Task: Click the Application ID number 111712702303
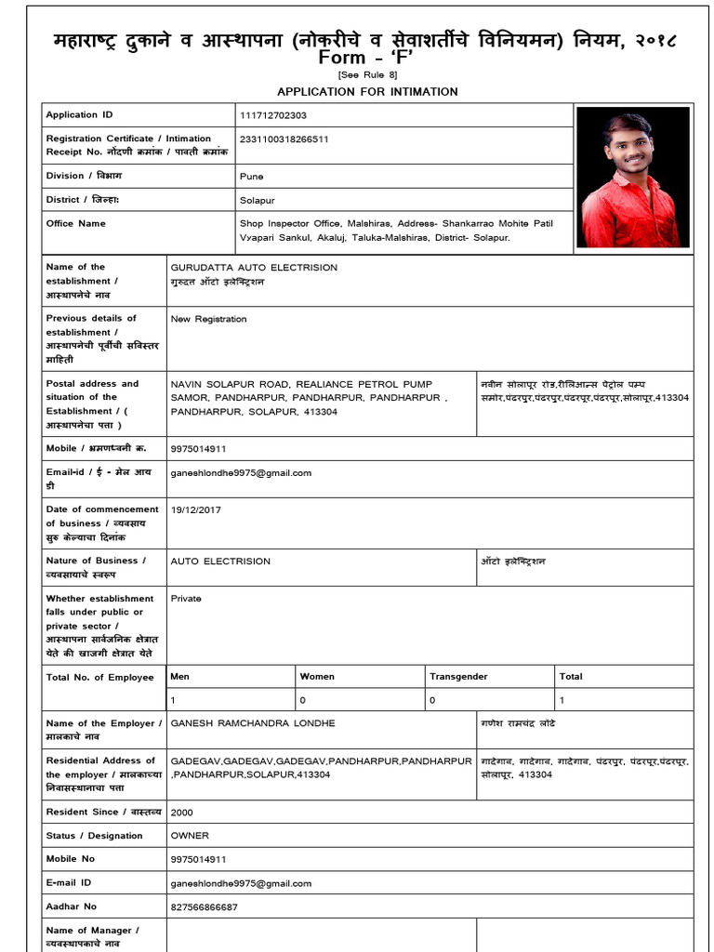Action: point(272,115)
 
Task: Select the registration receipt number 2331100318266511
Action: point(284,139)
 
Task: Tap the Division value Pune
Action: point(251,176)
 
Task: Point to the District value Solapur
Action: point(257,200)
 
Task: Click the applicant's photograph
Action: point(632,177)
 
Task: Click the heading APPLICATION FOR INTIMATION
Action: point(367,91)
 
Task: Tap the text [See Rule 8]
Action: point(367,74)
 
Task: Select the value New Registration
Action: point(208,319)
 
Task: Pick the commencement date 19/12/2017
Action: point(195,509)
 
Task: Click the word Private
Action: point(186,599)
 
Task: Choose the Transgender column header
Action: point(458,677)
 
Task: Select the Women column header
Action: point(317,677)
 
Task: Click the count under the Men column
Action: point(173,700)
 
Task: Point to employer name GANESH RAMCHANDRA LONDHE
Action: point(253,723)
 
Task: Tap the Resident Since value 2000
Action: point(182,812)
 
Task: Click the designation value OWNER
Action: point(190,836)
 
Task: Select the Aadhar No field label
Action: point(71,906)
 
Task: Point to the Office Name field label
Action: point(75,223)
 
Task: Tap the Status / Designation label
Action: point(94,836)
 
